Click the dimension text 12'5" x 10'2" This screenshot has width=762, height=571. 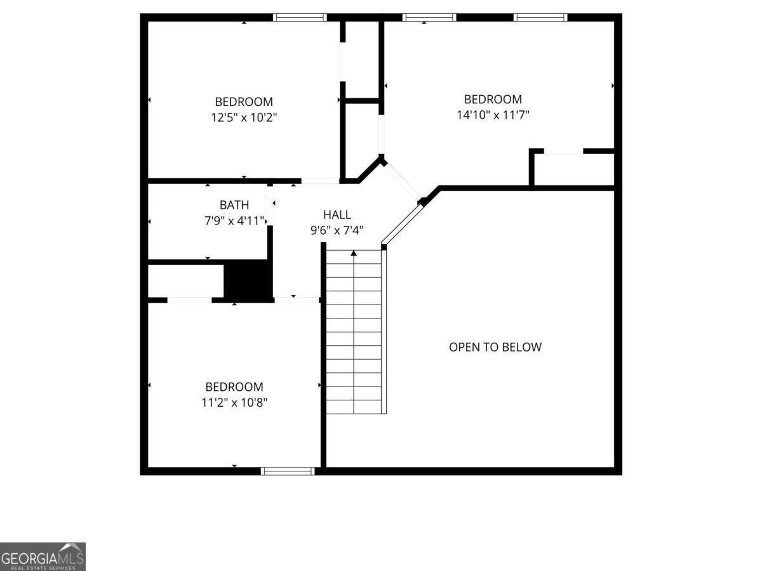tap(244, 117)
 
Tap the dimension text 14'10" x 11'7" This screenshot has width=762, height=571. tap(493, 115)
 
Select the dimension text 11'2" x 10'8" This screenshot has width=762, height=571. tap(234, 402)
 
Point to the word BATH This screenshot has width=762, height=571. tap(234, 205)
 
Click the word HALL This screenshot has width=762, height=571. tap(337, 215)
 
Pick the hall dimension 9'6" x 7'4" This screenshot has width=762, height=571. tap(337, 231)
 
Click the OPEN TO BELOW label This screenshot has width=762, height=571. tap(495, 347)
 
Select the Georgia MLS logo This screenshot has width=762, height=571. tap(43, 556)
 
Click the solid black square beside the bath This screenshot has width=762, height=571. tap(248, 279)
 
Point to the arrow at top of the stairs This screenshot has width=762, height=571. tap(354, 254)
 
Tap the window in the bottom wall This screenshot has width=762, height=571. tap(288, 471)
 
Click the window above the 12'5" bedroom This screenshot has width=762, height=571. tap(299, 17)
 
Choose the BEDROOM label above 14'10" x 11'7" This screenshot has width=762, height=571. tap(493, 99)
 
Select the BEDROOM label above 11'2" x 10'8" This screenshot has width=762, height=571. tap(234, 386)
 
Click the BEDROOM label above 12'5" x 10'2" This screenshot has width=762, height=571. tap(244, 102)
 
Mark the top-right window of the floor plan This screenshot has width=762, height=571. tap(540, 17)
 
